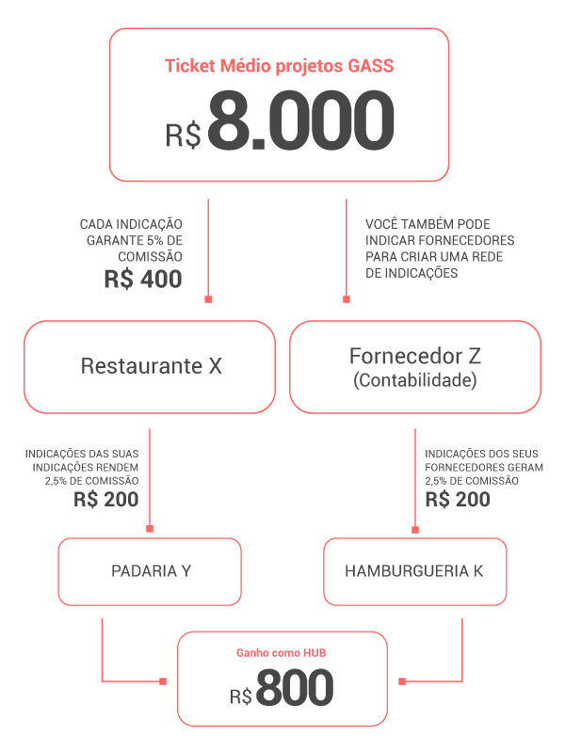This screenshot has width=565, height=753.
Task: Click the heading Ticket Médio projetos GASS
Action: (279, 66)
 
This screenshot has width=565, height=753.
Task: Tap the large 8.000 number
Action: (301, 120)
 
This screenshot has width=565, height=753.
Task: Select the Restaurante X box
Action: (150, 367)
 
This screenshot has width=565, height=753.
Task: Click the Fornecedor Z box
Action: (415, 367)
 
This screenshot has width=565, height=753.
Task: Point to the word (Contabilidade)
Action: (415, 380)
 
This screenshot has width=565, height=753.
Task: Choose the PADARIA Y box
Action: (150, 571)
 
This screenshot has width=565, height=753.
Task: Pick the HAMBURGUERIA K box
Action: (415, 571)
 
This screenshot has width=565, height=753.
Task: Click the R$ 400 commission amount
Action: (143, 279)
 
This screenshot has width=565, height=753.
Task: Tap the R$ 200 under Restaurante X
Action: (106, 500)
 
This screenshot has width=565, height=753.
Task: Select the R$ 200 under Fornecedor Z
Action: (458, 500)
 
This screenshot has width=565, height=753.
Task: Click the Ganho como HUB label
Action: (281, 653)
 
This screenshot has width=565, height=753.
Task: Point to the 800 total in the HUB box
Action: (295, 688)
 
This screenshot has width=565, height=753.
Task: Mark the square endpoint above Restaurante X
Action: (208, 299)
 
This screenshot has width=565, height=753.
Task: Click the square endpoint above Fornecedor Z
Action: (346, 299)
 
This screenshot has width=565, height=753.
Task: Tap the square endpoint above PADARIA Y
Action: (150, 529)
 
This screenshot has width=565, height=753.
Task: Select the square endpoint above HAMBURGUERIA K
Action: (415, 530)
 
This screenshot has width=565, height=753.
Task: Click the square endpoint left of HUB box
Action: (163, 681)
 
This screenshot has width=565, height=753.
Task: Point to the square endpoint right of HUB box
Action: (402, 681)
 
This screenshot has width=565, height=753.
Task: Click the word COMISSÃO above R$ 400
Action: (150, 257)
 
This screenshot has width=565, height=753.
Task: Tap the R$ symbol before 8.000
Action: (183, 135)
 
